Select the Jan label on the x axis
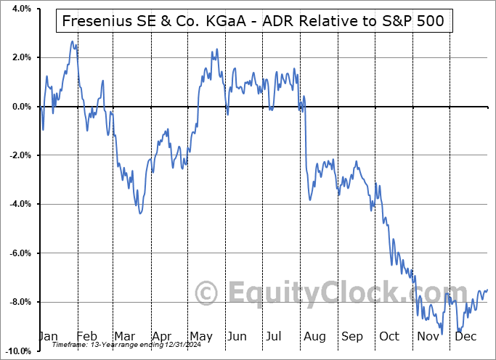48,336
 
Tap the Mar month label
125,336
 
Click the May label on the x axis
200,336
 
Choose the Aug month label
315,336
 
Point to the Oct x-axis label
390,336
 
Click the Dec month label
465,336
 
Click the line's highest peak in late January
72,41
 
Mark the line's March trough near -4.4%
140,213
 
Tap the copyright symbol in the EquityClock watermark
208,293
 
